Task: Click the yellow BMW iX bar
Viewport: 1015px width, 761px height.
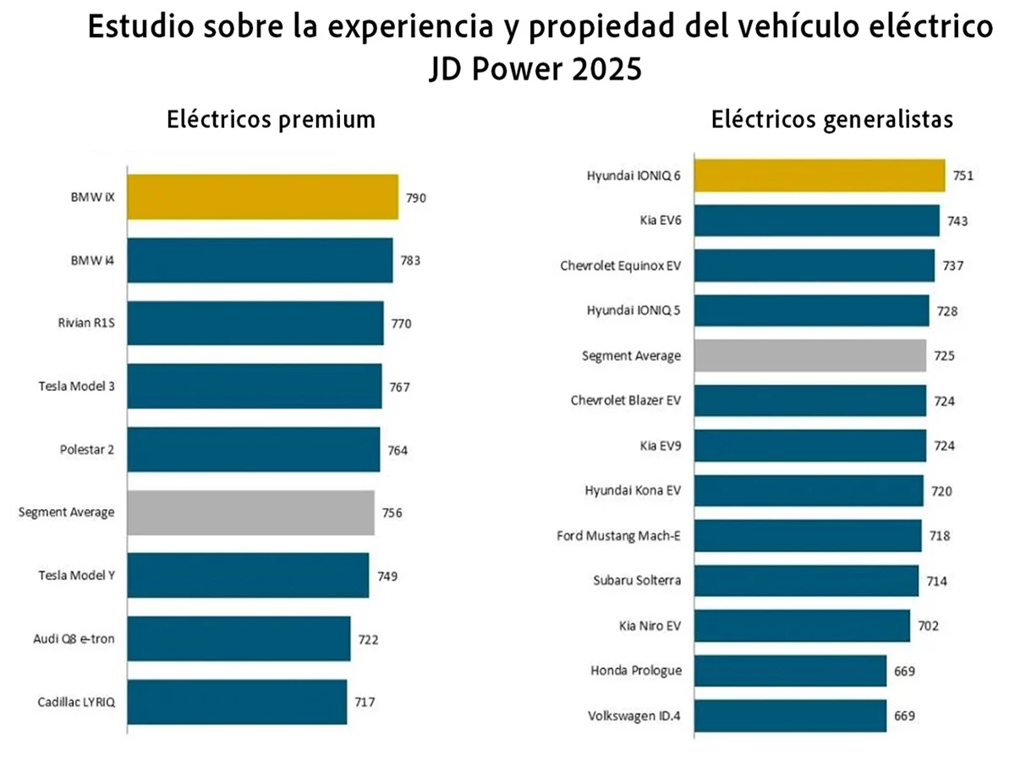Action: (262, 197)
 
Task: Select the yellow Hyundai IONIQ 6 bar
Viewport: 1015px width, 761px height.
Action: (818, 176)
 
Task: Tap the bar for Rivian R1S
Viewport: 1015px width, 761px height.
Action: (255, 323)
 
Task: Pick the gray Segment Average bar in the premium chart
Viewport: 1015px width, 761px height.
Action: (250, 512)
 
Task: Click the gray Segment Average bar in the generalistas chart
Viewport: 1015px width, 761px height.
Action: (809, 356)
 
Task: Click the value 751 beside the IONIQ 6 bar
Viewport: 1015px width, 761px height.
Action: (963, 176)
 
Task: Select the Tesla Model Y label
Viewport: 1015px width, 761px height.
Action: (76, 576)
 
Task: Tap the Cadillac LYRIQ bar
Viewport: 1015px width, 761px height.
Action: (237, 702)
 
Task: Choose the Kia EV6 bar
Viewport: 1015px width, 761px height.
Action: (815, 221)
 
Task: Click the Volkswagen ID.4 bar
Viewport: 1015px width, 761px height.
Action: (789, 716)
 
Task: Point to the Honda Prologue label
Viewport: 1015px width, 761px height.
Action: (636, 671)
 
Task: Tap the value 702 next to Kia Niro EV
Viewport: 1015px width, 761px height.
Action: (928, 627)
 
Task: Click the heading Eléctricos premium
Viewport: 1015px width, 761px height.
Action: (271, 119)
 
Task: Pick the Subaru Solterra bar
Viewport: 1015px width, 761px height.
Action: (805, 581)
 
